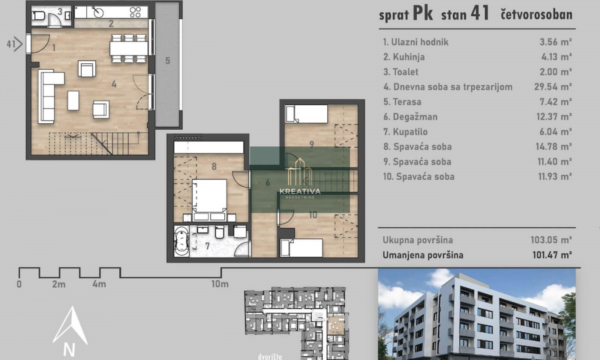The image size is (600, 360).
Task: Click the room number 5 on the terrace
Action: pyautogui.click(x=167, y=61)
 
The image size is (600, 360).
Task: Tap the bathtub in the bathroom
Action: pyautogui.click(x=181, y=241)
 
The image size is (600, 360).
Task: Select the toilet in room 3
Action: pyautogui.click(x=38, y=16)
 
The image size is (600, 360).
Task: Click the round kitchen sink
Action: pyautogui.click(x=99, y=12)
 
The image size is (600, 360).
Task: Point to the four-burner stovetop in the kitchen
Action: pyautogui.click(x=135, y=12)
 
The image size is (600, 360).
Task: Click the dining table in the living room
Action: pyautogui.click(x=129, y=48)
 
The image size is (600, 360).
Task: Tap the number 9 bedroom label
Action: pyautogui.click(x=311, y=144)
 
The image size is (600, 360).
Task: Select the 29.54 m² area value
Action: pyautogui.click(x=553, y=87)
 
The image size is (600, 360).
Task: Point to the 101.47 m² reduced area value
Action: pyautogui.click(x=552, y=255)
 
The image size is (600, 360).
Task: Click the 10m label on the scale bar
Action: pyautogui.click(x=220, y=284)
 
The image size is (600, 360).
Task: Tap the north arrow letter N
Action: pyautogui.click(x=69, y=349)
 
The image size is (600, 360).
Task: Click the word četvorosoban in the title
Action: pyautogui.click(x=536, y=14)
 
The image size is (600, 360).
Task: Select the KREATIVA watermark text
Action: pyautogui.click(x=300, y=191)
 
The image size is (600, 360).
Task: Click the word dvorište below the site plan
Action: pyautogui.click(x=270, y=357)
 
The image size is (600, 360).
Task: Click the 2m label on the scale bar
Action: pyautogui.click(x=59, y=284)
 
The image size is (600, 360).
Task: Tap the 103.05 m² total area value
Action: pyautogui.click(x=551, y=240)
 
